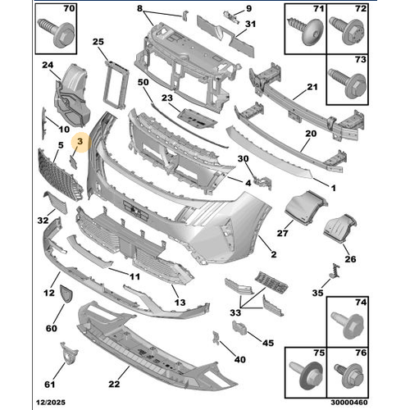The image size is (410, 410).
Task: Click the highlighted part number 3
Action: point(79,143)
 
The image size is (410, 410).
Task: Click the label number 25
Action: point(98,41)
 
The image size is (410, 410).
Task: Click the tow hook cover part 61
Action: point(63,358)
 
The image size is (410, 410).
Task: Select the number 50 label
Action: point(143,84)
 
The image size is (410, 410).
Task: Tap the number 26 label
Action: point(351,260)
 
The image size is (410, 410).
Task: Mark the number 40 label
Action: point(239,358)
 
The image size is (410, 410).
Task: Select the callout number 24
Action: point(48,66)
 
